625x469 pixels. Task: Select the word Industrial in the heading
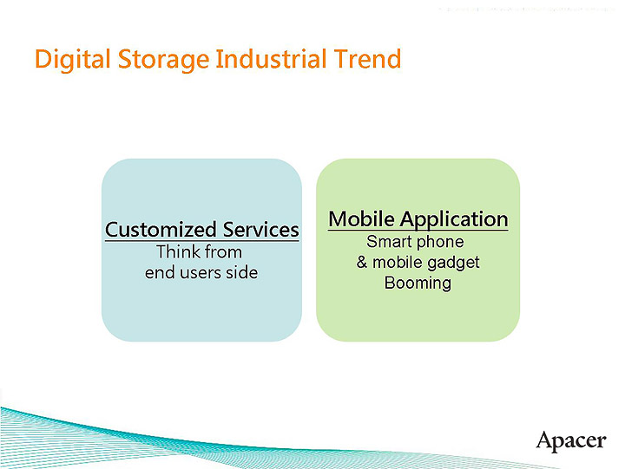click(x=272, y=60)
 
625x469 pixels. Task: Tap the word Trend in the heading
click(x=367, y=60)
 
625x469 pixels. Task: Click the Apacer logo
click(x=570, y=440)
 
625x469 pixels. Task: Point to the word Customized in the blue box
click(x=161, y=230)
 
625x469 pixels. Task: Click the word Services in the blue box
click(x=260, y=230)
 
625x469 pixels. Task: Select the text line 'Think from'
click(x=199, y=252)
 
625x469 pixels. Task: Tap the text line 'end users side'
click(x=201, y=272)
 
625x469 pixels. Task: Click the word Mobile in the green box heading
click(x=361, y=218)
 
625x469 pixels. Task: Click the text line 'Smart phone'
click(x=415, y=242)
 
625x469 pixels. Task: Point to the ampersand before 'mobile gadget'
click(x=362, y=263)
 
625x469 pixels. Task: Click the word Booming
click(x=418, y=283)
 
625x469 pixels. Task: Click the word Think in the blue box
click(x=177, y=252)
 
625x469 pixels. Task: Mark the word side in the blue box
click(x=242, y=272)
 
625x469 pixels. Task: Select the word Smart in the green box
click(x=389, y=242)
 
